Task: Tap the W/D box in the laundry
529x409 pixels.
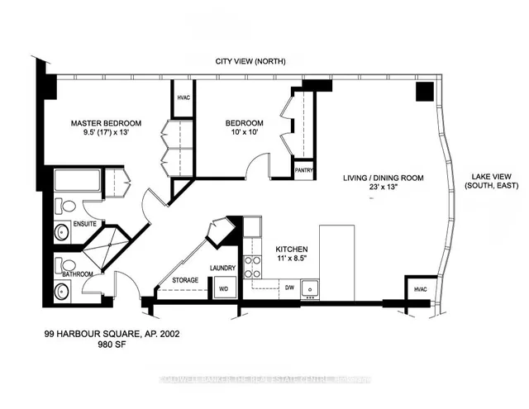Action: [223, 289]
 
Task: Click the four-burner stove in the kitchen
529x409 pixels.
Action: [252, 265]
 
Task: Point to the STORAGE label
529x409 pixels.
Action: [185, 280]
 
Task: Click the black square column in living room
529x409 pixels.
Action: [424, 92]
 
